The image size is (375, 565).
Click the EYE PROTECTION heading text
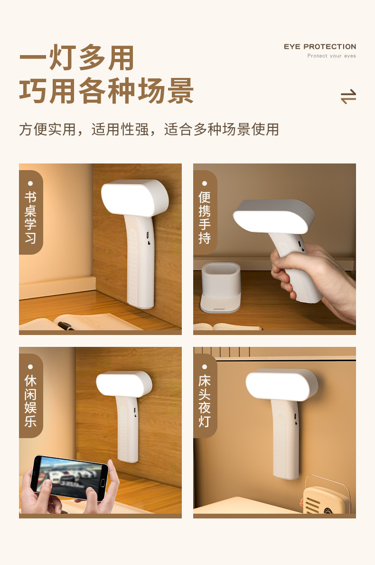[x=320, y=47]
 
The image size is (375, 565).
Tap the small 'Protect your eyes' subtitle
[x=331, y=56]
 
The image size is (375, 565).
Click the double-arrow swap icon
[x=348, y=96]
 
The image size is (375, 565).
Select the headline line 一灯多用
[x=76, y=57]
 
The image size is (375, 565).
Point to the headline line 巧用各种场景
[x=106, y=91]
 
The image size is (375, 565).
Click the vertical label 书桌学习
[x=30, y=217]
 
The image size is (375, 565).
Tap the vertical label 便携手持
[x=205, y=217]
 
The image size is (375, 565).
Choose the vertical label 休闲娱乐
[x=30, y=401]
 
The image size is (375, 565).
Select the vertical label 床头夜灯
[x=205, y=401]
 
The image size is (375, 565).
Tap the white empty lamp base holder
[x=220, y=287]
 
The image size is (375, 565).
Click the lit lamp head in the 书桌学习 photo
[x=135, y=198]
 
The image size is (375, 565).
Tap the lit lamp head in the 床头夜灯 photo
[x=281, y=384]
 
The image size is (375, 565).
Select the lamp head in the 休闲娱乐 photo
[x=124, y=384]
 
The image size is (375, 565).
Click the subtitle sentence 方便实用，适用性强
[x=84, y=129]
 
